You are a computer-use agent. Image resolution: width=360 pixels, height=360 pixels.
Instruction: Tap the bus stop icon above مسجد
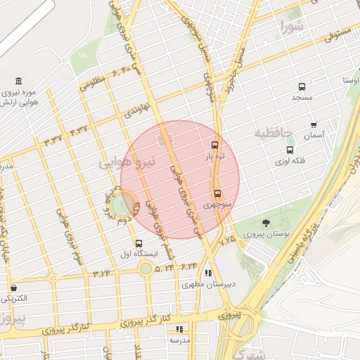302,87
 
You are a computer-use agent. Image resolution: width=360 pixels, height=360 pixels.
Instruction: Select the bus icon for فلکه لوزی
290,150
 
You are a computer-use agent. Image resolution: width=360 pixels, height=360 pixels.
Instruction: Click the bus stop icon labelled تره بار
214,145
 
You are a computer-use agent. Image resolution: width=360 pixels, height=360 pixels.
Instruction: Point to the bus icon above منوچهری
217,193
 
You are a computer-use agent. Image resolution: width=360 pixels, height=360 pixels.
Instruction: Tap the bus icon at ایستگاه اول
139,244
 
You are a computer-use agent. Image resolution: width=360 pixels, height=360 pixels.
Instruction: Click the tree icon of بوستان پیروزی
265,223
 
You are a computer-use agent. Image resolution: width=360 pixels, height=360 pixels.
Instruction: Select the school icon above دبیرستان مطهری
208,274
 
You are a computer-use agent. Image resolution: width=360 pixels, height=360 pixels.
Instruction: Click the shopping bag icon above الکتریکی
13,288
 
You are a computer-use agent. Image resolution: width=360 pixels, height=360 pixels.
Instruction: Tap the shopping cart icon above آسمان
314,124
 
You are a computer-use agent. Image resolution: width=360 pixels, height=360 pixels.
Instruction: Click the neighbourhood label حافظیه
272,132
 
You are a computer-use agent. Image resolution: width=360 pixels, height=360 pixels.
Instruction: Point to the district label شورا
292,28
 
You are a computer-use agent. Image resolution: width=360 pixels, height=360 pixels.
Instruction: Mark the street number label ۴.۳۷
79,130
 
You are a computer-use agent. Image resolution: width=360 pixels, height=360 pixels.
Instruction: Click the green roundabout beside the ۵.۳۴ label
146,268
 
